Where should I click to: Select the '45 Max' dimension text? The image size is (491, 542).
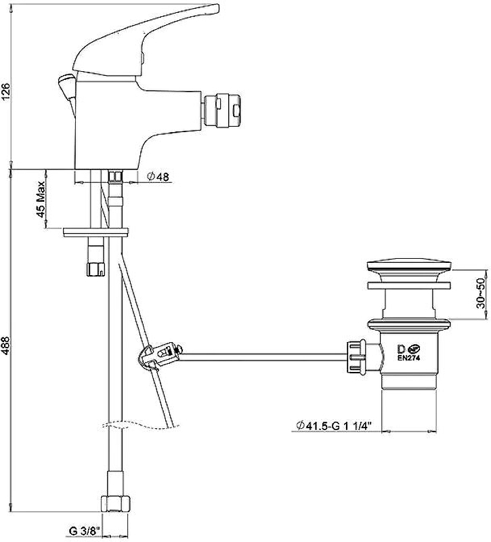pos(41,199)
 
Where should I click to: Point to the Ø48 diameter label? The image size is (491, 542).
pos(158,177)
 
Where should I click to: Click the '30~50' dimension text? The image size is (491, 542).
pos(481,293)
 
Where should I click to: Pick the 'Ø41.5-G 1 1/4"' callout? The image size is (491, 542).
pos(333,425)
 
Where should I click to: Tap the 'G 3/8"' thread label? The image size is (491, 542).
pos(85,530)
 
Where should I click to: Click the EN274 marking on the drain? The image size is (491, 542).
pos(408,358)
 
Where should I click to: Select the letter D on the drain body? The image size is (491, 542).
pos(402,349)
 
